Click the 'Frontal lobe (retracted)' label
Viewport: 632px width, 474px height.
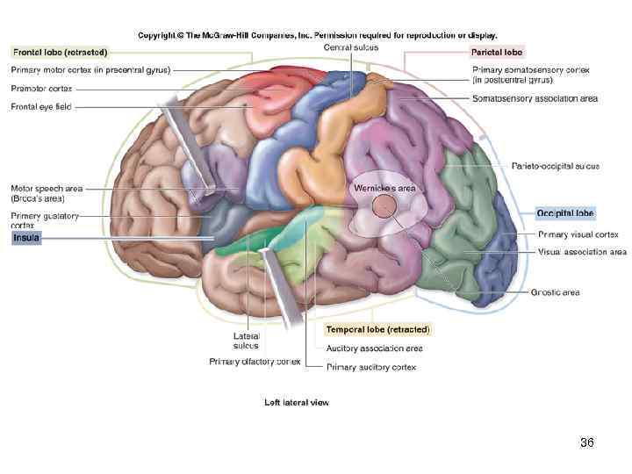(59, 53)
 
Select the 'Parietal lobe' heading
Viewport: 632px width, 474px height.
(497, 53)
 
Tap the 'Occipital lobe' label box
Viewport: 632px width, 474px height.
(565, 213)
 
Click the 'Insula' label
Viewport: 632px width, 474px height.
(25, 238)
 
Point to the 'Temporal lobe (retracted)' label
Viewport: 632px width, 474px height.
(378, 329)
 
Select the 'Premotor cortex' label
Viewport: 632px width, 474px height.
(42, 89)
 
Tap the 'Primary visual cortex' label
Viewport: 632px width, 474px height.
(578, 234)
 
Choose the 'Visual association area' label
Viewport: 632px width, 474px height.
(582, 252)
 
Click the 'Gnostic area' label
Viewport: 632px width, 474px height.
(555, 292)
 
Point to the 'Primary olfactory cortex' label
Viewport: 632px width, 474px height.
(255, 362)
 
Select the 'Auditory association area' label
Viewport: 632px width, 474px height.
(374, 348)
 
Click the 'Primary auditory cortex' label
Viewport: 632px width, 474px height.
(371, 367)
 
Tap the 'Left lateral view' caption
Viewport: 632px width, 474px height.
(297, 403)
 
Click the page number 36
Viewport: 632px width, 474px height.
(587, 443)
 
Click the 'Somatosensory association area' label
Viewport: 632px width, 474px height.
(535, 98)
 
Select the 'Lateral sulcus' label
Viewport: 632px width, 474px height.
(246, 341)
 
